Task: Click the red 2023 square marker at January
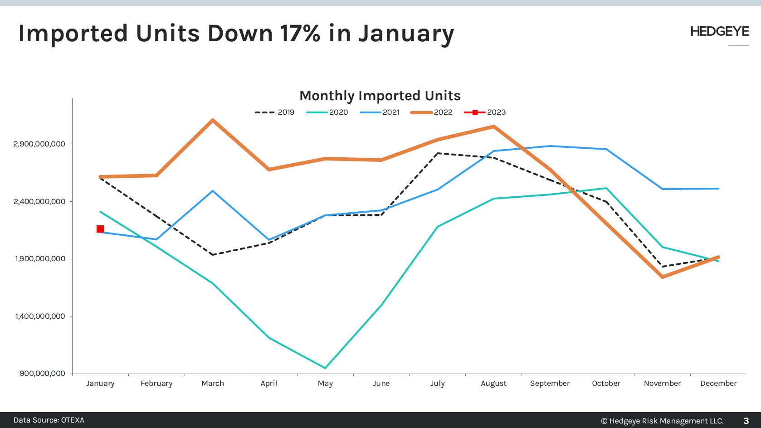pos(100,229)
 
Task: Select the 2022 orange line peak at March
pos(213,120)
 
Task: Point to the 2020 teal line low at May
pos(325,368)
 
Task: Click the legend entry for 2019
pos(275,112)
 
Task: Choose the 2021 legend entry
pos(380,112)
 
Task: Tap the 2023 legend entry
pos(485,112)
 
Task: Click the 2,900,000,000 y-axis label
pos(39,144)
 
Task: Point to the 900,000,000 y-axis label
pos(43,374)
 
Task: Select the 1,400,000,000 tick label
pos(40,316)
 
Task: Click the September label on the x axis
pos(550,384)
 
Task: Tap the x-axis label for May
pos(325,384)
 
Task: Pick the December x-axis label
pos(718,384)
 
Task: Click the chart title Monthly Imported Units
pos(380,96)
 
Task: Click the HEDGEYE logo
pos(719,32)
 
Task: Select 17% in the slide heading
pos(300,34)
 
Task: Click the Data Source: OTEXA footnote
pos(49,420)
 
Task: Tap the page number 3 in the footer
pos(746,421)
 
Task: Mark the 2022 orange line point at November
pos(663,277)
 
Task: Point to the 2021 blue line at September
pos(550,146)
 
